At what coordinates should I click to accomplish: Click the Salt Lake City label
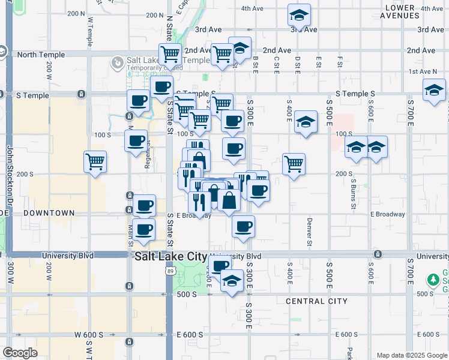point(170,256)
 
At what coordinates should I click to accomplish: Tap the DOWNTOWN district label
point(49,213)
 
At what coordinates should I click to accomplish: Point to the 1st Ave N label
point(423,71)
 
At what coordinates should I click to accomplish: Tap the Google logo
point(20,353)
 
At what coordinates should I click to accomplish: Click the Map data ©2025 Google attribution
point(411,355)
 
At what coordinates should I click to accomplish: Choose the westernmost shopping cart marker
point(95,161)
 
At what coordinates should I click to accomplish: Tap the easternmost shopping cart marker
point(294,163)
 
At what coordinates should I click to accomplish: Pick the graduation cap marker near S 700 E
point(434,92)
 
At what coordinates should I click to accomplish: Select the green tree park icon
point(433,280)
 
